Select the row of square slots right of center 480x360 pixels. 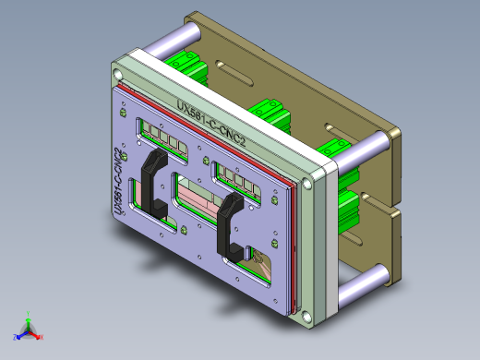[x=241, y=177]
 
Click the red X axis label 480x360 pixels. [x=42, y=338]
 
